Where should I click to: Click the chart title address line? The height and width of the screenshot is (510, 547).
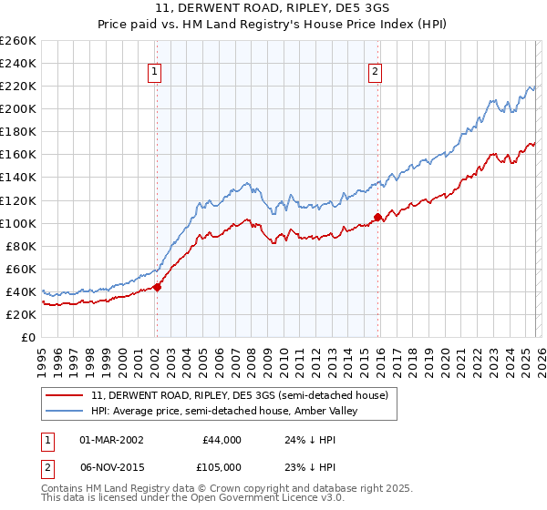[x=273, y=8]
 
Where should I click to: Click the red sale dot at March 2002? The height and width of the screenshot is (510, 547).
[x=157, y=287]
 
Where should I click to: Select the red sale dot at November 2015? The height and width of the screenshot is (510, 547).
[x=377, y=217]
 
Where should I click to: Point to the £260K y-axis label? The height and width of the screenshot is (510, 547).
[x=18, y=41]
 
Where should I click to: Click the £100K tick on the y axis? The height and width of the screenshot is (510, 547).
[x=18, y=223]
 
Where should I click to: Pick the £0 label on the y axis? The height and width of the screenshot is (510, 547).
[x=29, y=337]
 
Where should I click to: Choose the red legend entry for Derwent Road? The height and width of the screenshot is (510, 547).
[x=240, y=395]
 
